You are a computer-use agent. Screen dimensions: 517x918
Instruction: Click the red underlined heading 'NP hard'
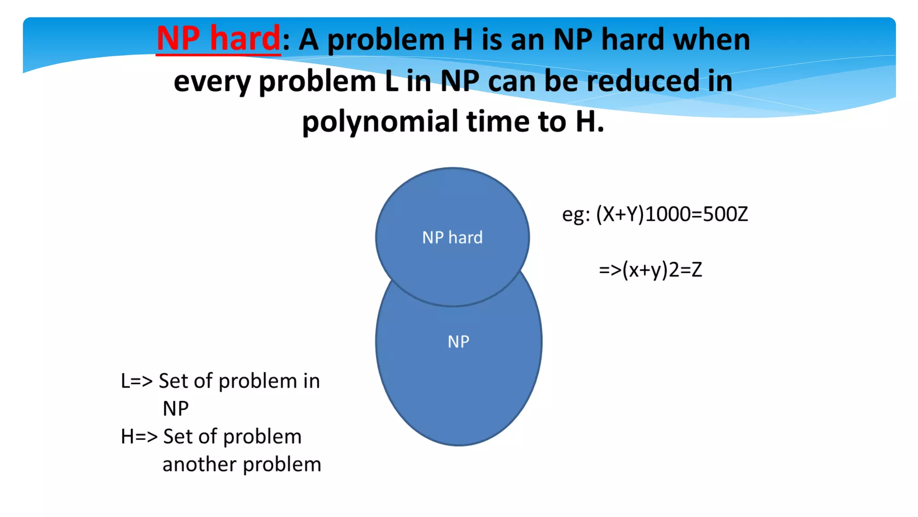218,39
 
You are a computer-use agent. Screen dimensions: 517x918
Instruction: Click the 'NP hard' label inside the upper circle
452,237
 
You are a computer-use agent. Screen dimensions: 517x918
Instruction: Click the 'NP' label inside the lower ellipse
459,342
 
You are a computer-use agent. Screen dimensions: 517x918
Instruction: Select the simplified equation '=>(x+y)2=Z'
650,270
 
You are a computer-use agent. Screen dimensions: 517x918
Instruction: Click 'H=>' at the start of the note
139,437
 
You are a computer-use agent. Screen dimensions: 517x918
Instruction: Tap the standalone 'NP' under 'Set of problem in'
175,409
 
